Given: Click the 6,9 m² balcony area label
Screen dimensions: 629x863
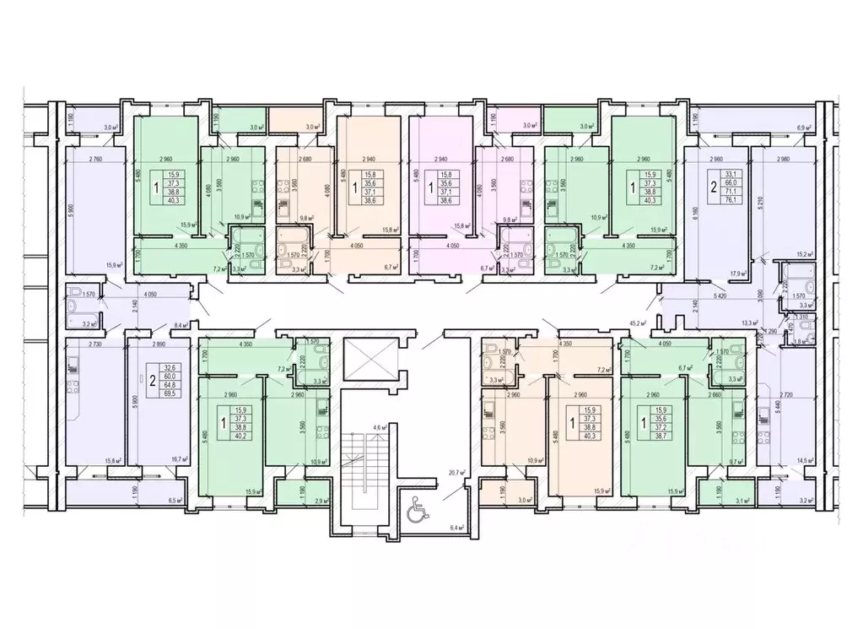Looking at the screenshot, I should pos(804,127).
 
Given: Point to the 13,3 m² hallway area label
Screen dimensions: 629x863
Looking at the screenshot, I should pos(749,322).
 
